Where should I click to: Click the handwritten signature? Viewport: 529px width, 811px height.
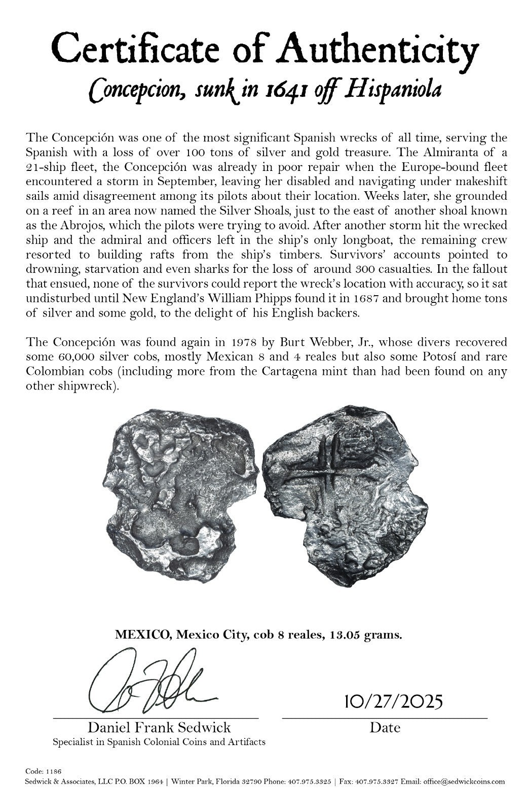point(152,682)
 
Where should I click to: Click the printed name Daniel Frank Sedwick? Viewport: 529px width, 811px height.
point(159,728)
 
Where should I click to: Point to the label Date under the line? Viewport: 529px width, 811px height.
point(385,728)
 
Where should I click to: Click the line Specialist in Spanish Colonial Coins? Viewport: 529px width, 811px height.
point(159,742)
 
